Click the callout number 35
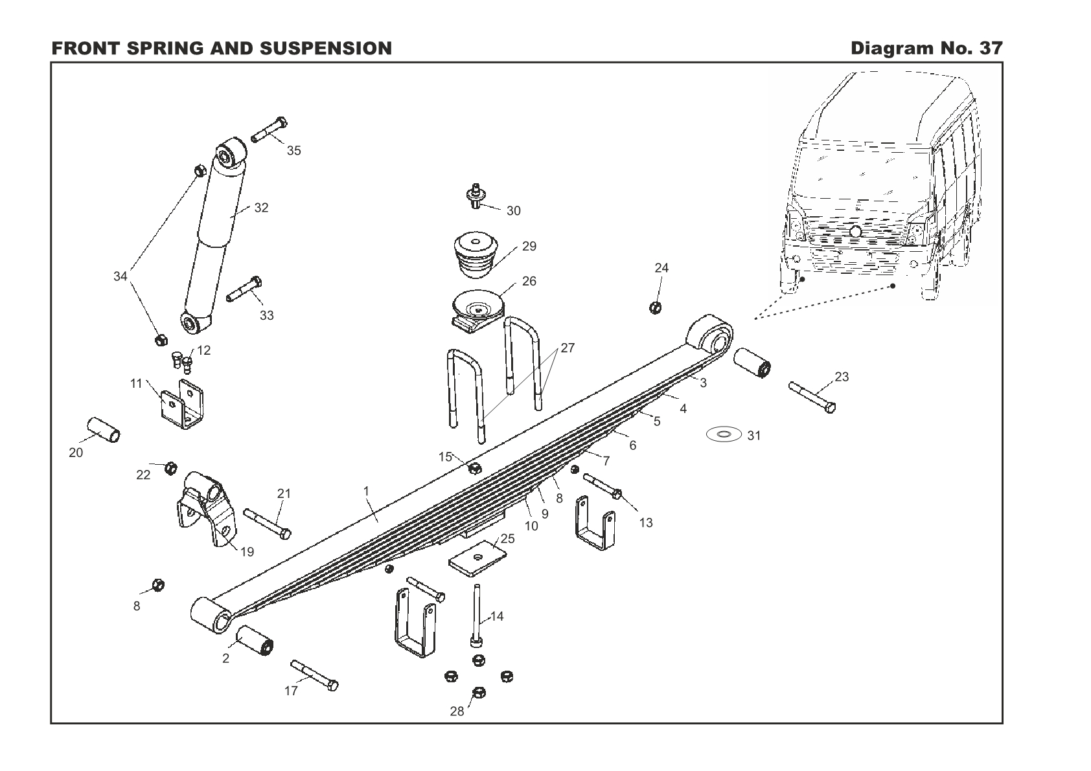click(x=293, y=151)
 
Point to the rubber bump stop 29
click(x=476, y=254)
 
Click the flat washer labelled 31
click(x=724, y=434)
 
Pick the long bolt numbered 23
click(x=812, y=397)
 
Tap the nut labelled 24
click(x=656, y=307)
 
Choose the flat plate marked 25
click(x=477, y=558)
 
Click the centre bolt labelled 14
click(x=477, y=616)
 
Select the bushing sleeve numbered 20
click(x=104, y=429)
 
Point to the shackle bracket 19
click(x=207, y=508)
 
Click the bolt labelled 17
click(x=314, y=675)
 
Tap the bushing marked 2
click(x=255, y=640)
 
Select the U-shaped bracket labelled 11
click(x=182, y=405)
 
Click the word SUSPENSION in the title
click(x=326, y=48)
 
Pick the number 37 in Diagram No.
click(x=991, y=48)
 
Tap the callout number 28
click(x=457, y=711)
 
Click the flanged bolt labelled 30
click(x=476, y=196)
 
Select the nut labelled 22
click(x=170, y=468)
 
